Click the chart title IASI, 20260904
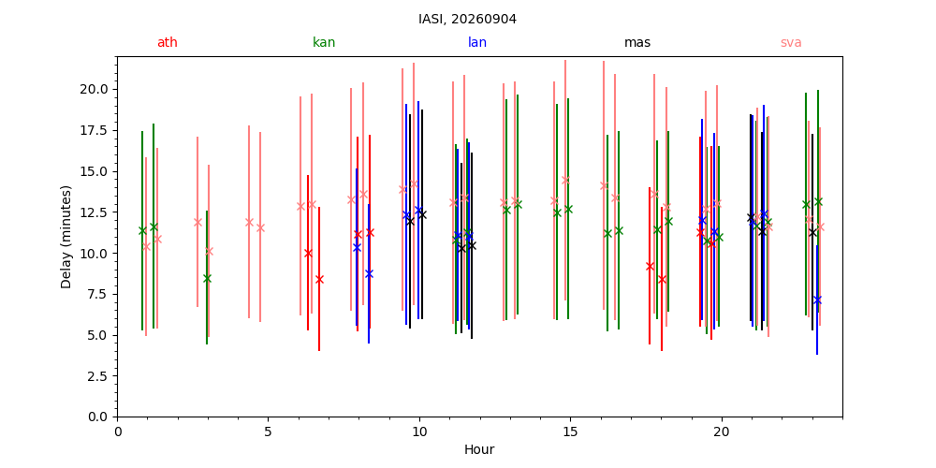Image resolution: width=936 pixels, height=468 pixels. [x=467, y=19]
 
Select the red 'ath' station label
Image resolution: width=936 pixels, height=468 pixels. [x=168, y=42]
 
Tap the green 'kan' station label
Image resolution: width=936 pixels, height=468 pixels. [x=324, y=42]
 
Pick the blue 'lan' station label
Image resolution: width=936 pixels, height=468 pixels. [x=477, y=42]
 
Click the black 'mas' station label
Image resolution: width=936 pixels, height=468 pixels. [x=636, y=42]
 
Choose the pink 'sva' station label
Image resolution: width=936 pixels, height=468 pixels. [x=791, y=42]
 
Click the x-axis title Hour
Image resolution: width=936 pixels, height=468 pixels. [x=479, y=449]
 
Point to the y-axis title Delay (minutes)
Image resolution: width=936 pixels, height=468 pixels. [x=66, y=237]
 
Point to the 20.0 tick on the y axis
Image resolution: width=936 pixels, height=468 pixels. [x=96, y=90]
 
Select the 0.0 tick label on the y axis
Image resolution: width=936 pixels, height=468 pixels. [x=99, y=417]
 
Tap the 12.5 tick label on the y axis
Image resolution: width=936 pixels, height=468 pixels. [x=96, y=212]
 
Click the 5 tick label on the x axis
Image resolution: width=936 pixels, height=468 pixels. [x=268, y=431]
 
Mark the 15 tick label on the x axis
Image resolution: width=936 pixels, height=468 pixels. [x=570, y=431]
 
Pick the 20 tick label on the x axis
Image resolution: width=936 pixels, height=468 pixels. [x=722, y=431]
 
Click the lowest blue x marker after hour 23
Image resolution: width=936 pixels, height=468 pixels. [x=817, y=300]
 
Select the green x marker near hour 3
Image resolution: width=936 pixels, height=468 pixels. [x=207, y=278]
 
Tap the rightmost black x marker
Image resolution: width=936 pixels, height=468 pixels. [x=812, y=232]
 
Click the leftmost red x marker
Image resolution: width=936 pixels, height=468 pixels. [x=308, y=253]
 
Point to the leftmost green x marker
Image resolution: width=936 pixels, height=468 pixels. [x=142, y=230]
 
